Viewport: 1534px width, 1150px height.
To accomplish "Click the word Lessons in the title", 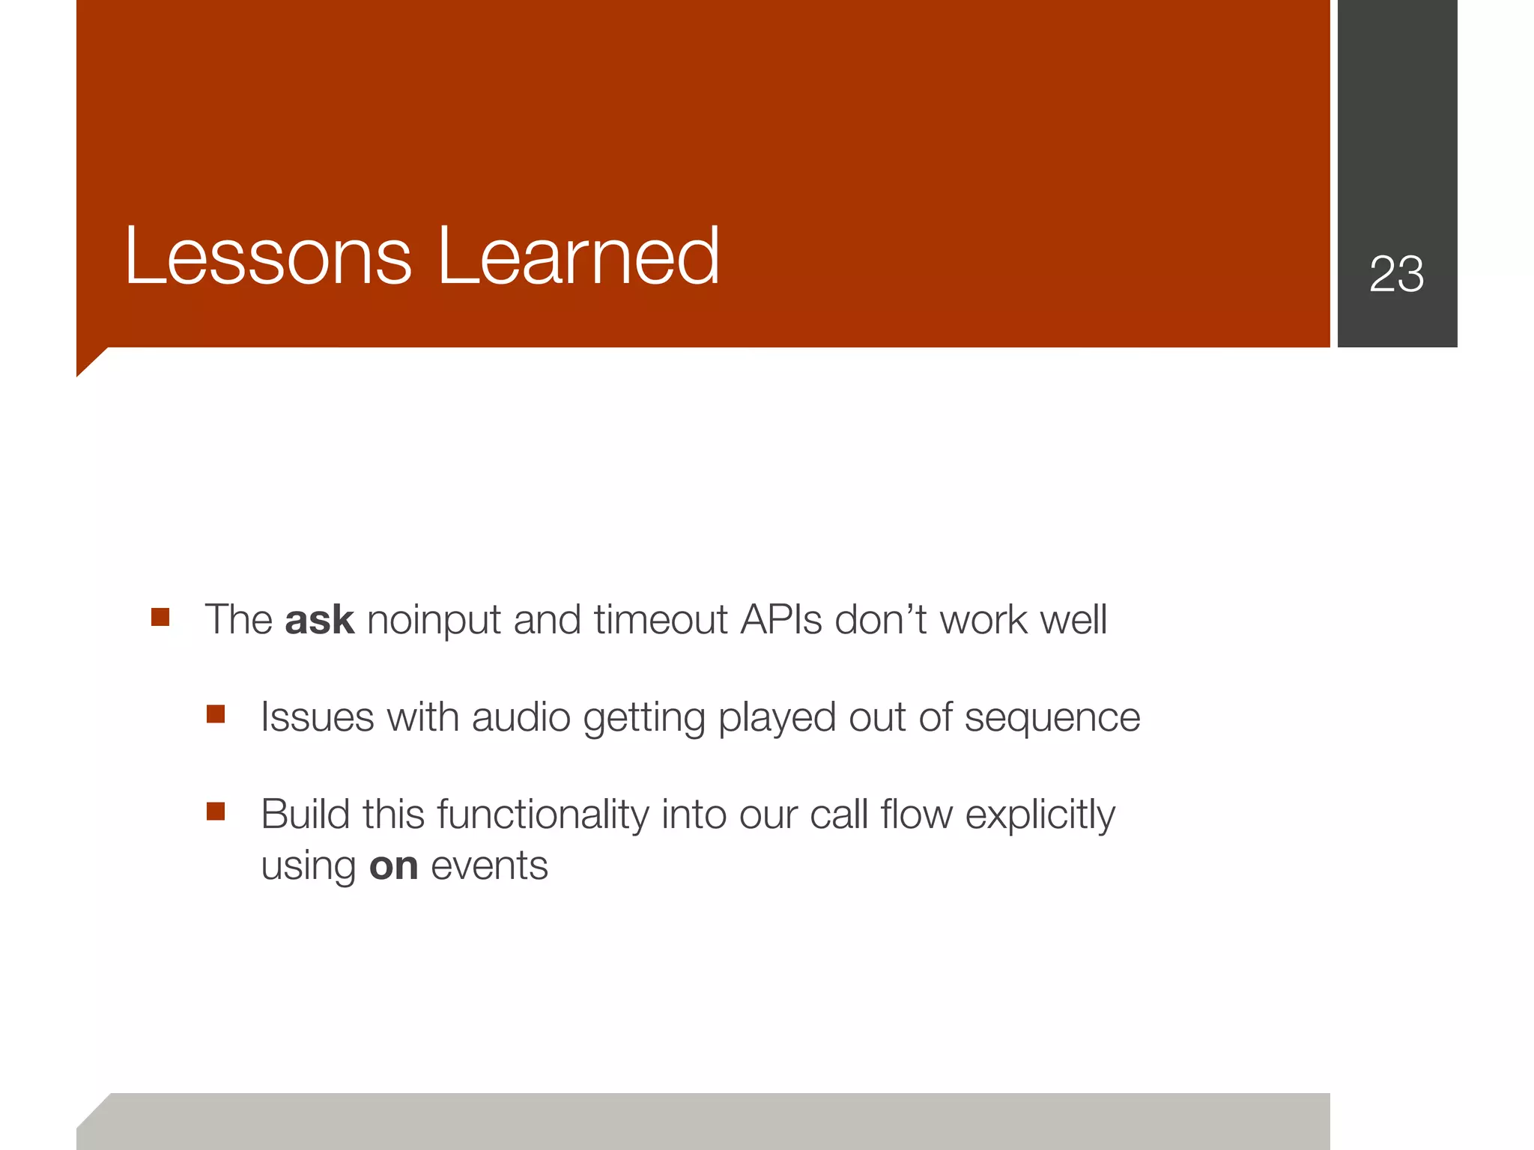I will (x=267, y=257).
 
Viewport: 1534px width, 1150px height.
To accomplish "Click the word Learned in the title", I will (x=577, y=257).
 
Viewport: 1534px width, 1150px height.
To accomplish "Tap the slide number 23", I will (x=1396, y=274).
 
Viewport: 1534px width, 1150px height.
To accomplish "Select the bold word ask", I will (x=319, y=621).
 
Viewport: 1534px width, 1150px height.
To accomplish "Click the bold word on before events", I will (x=393, y=867).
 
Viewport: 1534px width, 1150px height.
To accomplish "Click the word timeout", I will (x=660, y=621).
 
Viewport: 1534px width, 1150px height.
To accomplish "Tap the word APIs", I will (x=781, y=621).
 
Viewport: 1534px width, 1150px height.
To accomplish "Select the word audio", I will (x=521, y=718).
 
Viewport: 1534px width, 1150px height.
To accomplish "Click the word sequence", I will (x=1052, y=718).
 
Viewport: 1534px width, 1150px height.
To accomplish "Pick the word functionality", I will (x=543, y=815).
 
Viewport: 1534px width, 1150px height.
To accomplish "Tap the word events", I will (x=489, y=867).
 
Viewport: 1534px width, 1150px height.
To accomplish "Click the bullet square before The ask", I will (x=160, y=617).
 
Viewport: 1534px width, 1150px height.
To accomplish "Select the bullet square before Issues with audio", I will (x=216, y=714).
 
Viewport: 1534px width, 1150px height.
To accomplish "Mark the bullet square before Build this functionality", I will (x=216, y=812).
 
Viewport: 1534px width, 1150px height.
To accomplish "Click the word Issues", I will (x=317, y=718).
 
